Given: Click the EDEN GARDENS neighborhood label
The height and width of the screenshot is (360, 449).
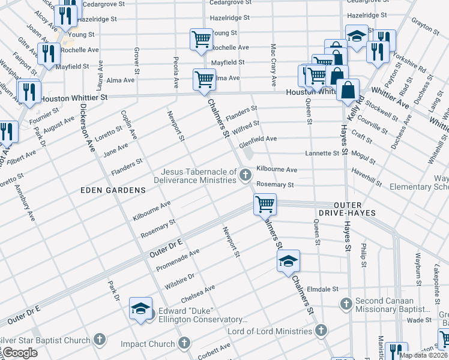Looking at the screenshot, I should [113, 190].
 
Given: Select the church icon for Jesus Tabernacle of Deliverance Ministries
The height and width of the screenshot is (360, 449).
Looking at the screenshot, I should [245, 175].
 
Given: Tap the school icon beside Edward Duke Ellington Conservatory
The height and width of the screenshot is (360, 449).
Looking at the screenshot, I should [140, 309].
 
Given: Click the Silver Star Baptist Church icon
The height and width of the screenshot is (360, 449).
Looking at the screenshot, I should [100, 340].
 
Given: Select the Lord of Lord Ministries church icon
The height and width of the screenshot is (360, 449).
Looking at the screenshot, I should [321, 331].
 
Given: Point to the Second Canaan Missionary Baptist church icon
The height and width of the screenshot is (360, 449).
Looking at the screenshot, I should [346, 304].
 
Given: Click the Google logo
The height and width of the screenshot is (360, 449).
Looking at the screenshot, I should [20, 353].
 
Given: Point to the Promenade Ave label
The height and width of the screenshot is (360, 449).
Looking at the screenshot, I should [178, 261].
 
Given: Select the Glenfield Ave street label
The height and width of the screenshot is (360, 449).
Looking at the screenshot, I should [258, 139].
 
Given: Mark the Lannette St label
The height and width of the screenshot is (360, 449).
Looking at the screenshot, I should [322, 154].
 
